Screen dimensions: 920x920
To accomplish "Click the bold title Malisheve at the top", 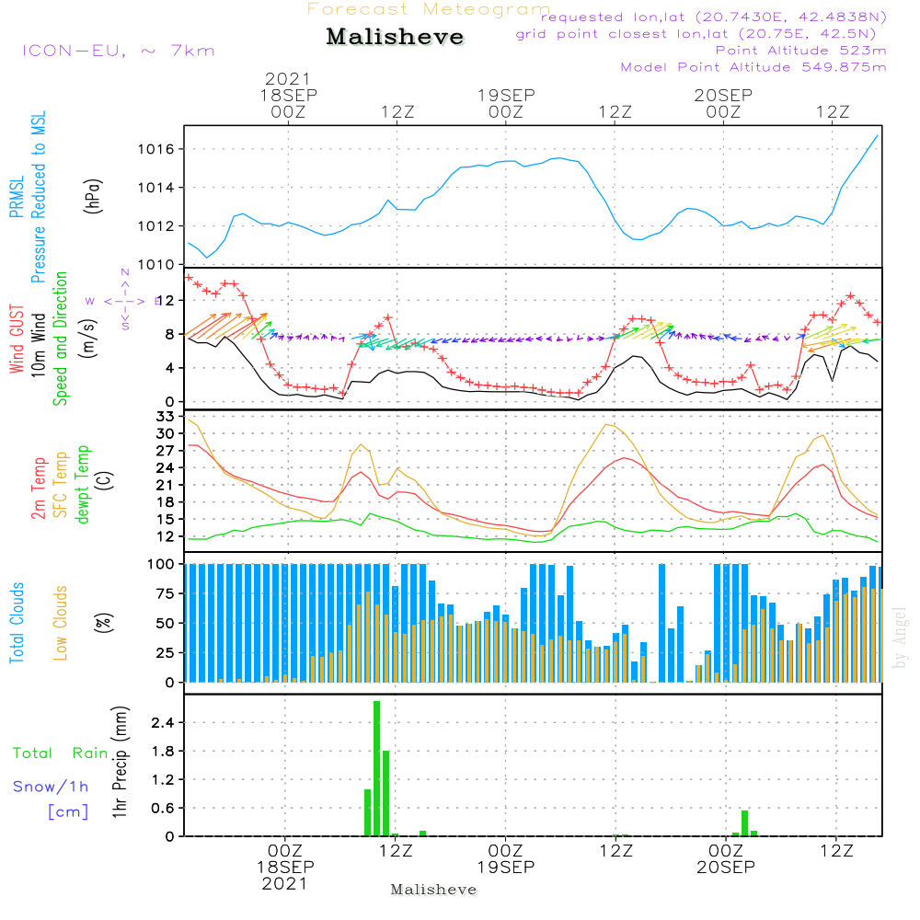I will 396,37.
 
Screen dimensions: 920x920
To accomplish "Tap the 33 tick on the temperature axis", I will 167,417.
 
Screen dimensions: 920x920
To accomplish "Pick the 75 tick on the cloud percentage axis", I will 164,593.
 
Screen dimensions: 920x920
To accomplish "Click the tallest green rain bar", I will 376,768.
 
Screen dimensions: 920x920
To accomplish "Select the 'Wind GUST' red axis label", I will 17,340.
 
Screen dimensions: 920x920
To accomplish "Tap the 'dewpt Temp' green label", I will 84,484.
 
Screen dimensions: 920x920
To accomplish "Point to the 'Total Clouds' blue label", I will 17,623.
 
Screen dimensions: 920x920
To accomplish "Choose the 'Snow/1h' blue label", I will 51,787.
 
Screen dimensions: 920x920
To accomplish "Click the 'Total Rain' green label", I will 61,753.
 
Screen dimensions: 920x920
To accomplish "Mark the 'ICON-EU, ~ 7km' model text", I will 119,50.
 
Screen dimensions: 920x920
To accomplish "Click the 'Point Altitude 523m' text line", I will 800,50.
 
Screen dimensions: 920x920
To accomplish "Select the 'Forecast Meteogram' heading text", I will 429,9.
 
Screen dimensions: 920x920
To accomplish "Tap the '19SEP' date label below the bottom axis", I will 505,868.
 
